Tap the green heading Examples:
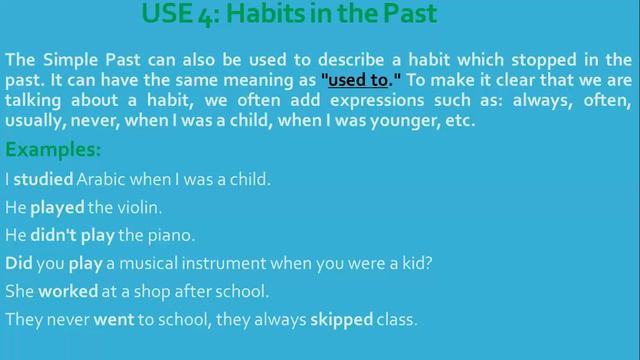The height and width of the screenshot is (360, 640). (54, 151)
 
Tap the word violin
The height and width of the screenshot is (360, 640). (143, 209)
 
